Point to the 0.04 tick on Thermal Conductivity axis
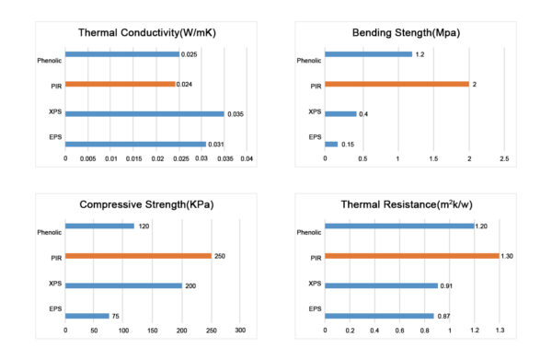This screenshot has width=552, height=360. coord(247,158)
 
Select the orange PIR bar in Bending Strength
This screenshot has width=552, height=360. coord(397,84)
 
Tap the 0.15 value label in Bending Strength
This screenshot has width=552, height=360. coord(348,144)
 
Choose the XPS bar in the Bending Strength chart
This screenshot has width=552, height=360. coord(340,114)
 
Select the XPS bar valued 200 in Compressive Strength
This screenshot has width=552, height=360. coord(123,285)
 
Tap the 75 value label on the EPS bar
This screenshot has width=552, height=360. coord(116,316)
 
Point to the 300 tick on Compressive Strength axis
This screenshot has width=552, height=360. coord(240,330)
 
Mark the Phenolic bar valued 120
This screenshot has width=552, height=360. coord(99,226)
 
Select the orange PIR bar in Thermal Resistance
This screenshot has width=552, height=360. coord(411,256)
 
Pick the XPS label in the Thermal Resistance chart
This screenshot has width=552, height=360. coord(315,283)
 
